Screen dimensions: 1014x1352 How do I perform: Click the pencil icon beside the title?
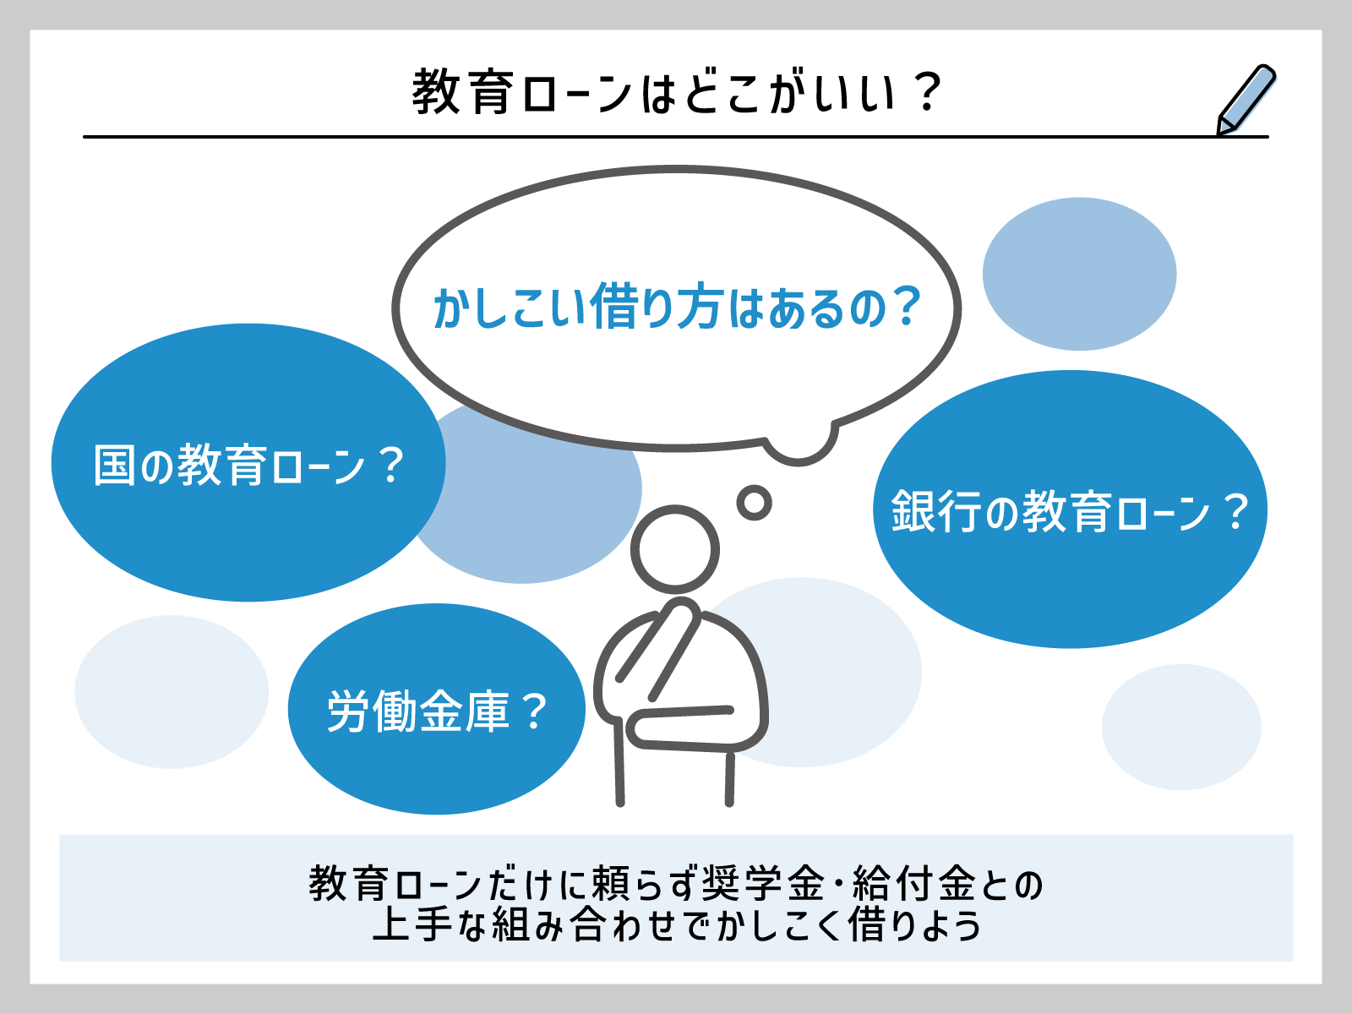click(1246, 99)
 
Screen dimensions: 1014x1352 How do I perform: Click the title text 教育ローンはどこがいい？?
click(676, 92)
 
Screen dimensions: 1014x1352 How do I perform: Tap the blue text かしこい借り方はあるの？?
click(676, 308)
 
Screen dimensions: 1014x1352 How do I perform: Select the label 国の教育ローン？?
click(248, 465)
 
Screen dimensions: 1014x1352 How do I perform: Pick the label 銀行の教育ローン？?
click(1070, 511)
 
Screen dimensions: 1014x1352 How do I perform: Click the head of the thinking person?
click(674, 549)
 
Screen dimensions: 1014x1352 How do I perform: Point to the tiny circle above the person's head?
click(754, 504)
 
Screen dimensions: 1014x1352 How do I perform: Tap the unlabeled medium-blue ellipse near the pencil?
click(1079, 274)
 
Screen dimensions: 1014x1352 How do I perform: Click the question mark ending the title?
click(927, 92)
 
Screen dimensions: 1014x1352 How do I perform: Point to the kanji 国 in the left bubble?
click(114, 465)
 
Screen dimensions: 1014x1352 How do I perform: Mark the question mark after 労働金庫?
click(534, 711)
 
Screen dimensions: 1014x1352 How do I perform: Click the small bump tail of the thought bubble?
click(799, 446)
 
